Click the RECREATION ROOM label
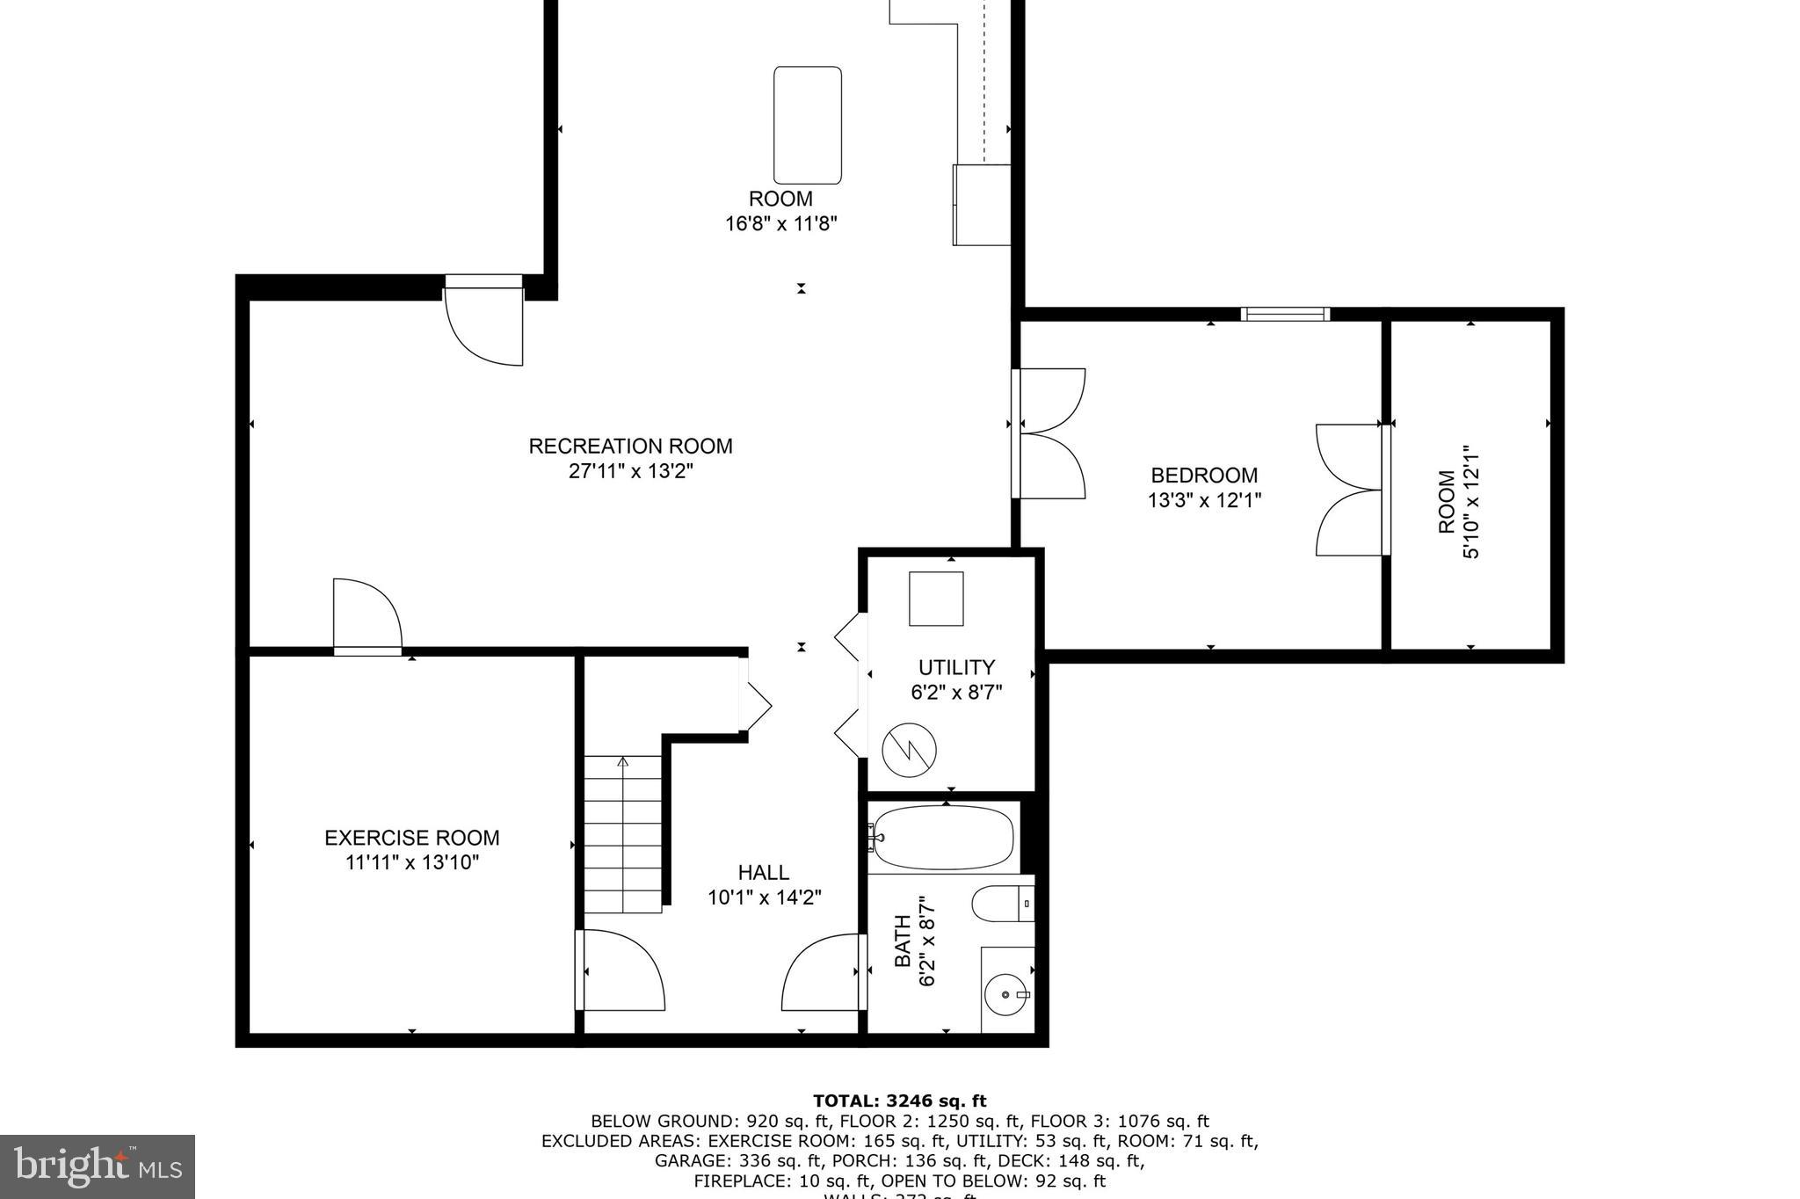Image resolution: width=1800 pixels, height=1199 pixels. (x=630, y=446)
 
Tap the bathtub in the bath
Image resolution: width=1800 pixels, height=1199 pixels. (x=944, y=837)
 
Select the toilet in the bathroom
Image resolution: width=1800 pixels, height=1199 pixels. (x=1000, y=904)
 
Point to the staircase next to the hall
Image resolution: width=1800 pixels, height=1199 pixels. (x=623, y=835)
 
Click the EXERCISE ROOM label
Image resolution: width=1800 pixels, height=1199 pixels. (x=411, y=838)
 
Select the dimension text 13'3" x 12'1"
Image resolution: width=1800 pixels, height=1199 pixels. (x=1204, y=501)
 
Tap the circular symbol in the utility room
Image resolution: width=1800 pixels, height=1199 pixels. (x=909, y=750)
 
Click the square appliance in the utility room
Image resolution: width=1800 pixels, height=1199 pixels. (x=936, y=599)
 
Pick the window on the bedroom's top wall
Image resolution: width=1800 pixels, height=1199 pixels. (x=1285, y=314)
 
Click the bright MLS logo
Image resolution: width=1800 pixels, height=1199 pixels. (x=97, y=1166)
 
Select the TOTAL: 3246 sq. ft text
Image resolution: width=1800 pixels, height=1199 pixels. (x=899, y=1101)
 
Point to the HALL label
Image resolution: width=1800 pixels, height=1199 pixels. (x=763, y=873)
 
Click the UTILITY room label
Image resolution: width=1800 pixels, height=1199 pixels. (x=956, y=667)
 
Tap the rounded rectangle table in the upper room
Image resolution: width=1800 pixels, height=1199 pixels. (x=807, y=125)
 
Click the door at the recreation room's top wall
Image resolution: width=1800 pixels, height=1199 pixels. (x=484, y=321)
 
